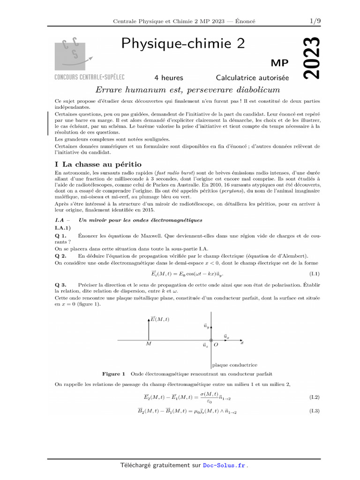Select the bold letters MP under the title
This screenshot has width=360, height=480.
(x=280, y=63)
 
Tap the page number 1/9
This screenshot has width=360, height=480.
(x=315, y=21)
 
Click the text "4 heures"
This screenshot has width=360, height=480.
(x=169, y=77)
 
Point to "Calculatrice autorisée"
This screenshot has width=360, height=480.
(x=252, y=77)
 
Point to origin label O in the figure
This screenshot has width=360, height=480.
(x=216, y=345)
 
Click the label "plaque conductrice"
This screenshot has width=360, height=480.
(x=234, y=365)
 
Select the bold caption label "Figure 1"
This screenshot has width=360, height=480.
(x=113, y=374)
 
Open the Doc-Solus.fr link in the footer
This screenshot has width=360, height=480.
(x=224, y=465)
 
